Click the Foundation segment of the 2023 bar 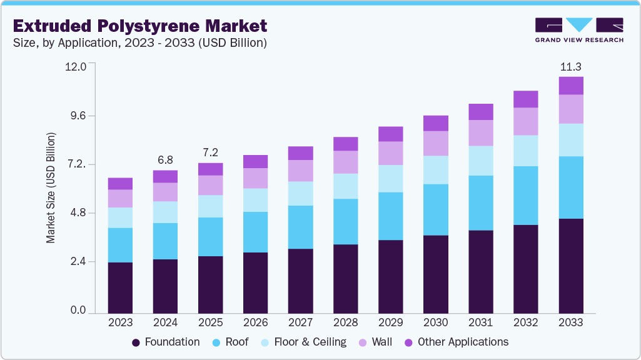(x=120, y=287)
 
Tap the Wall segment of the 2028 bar (x=345, y=162)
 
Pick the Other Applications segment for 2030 (x=435, y=123)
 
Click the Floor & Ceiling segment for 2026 (x=255, y=200)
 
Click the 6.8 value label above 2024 (x=165, y=160)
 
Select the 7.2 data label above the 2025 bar (x=210, y=152)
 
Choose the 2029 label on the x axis (x=390, y=323)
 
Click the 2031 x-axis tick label (x=481, y=323)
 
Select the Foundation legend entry (x=166, y=342)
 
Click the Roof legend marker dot (x=216, y=342)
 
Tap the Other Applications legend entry (x=457, y=342)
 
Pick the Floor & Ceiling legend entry (x=303, y=342)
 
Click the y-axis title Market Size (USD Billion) (x=51, y=187)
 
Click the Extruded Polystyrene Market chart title (x=140, y=26)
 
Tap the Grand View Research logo (x=579, y=29)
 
